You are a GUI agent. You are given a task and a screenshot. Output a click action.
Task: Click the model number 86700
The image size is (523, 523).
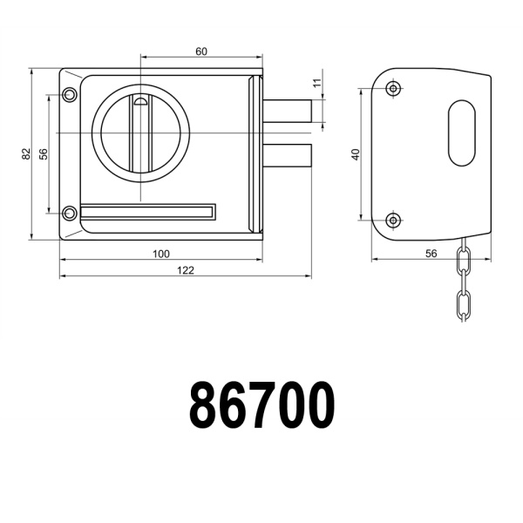261,405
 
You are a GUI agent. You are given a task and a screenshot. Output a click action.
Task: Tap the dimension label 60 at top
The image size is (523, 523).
201,51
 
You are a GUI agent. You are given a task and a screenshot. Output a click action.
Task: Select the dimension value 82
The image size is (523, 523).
25,153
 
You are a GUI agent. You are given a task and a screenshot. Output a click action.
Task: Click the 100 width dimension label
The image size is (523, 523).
161,255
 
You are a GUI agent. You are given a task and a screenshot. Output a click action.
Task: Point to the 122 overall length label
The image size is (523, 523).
186,270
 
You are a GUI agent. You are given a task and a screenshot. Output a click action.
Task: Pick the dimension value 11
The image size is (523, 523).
317,83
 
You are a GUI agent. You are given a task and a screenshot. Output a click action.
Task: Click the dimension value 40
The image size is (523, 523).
357,154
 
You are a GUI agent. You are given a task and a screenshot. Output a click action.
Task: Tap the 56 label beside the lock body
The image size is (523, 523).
44,153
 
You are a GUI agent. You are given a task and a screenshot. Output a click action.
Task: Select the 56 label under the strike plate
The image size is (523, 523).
431,254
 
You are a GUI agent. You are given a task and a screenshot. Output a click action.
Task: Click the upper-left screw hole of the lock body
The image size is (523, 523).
70,94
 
